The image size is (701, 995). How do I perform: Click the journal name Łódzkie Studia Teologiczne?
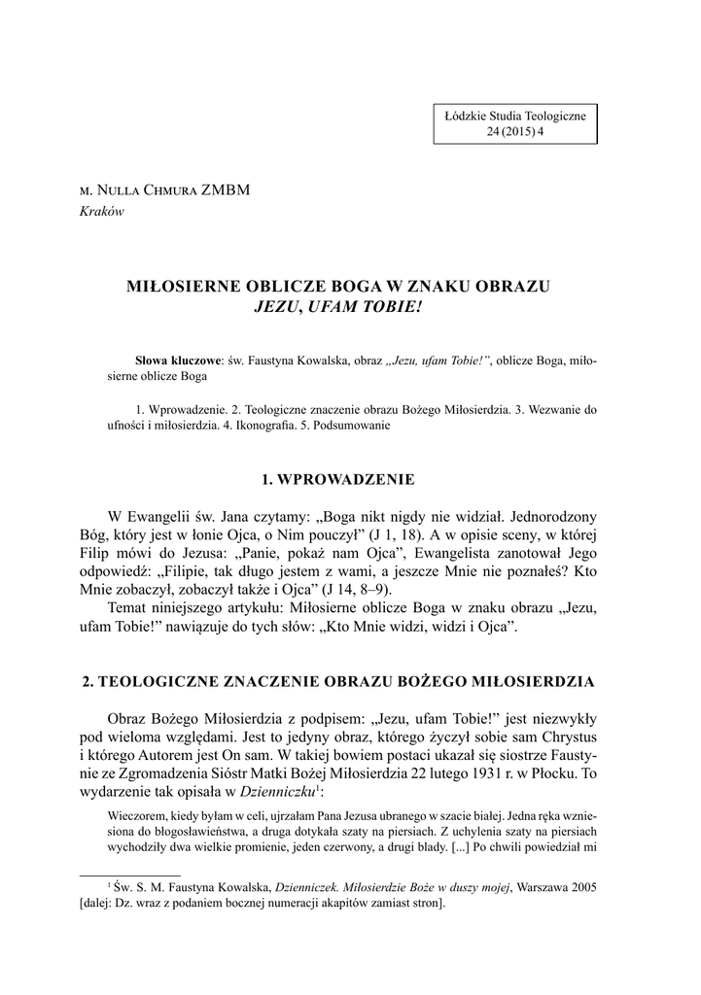pos(514,117)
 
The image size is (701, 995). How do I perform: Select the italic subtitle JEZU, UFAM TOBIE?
pos(339,306)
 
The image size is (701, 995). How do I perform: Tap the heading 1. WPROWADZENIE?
pos(339,479)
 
